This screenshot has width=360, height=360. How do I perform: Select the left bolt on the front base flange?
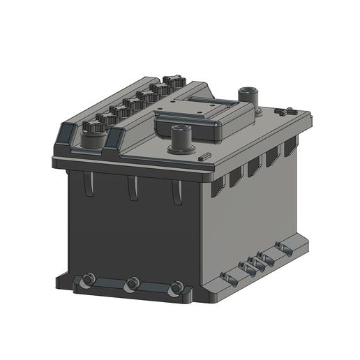pos(87,280)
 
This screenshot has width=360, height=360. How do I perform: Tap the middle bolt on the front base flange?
pos(132,284)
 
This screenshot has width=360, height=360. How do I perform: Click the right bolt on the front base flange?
pos(177,287)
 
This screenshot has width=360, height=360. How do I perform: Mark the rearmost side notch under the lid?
pos(290,149)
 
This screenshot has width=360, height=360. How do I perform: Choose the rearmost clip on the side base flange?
pos(283,246)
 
